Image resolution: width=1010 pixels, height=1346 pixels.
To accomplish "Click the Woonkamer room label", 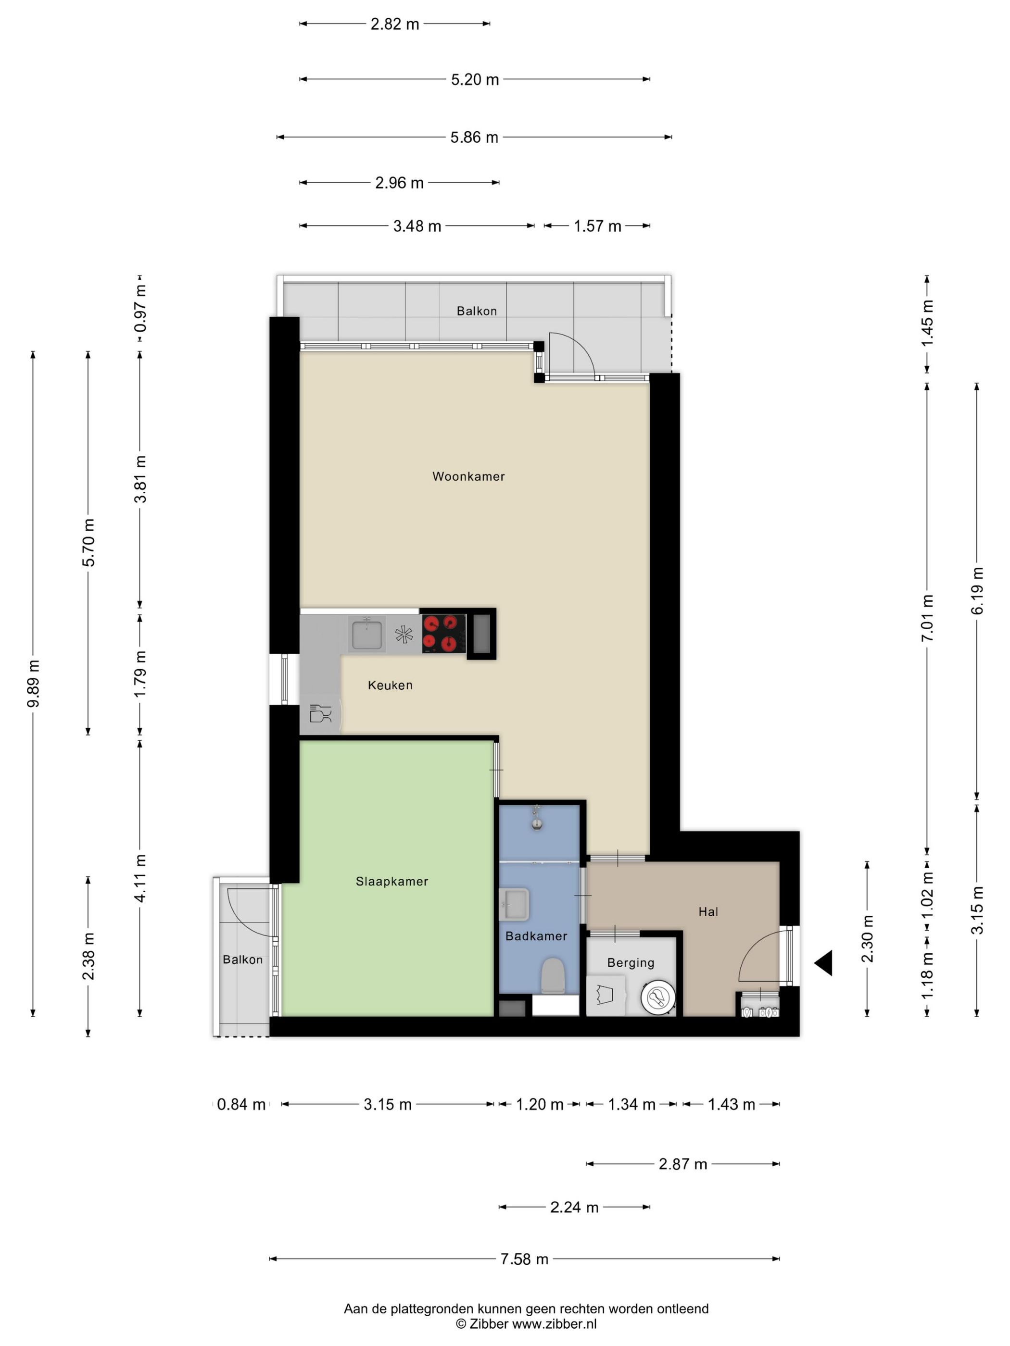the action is (468, 476).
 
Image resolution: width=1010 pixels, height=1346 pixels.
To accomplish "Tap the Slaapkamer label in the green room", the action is (391, 881).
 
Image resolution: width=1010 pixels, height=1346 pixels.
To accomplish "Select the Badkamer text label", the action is (536, 936).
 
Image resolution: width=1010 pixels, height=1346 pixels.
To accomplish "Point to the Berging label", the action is (631, 963).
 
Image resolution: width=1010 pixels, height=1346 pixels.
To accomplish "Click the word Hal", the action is (708, 911).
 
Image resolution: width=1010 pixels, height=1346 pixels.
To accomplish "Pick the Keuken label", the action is (390, 685).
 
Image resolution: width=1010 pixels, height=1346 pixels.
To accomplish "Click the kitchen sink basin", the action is (366, 634).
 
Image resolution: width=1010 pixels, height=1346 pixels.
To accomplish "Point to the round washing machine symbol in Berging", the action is (657, 997).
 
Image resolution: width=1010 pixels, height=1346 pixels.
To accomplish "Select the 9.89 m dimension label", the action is (34, 684).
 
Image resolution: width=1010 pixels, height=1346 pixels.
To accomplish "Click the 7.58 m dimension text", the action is (524, 1259).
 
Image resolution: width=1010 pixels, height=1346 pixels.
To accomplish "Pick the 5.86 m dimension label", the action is (474, 137).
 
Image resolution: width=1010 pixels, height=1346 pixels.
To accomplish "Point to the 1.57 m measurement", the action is (597, 226).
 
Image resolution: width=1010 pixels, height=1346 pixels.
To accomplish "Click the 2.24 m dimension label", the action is (574, 1207).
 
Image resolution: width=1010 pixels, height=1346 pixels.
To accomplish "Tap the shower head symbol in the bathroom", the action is (536, 817).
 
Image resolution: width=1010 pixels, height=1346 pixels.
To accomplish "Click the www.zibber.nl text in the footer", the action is (554, 1324).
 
